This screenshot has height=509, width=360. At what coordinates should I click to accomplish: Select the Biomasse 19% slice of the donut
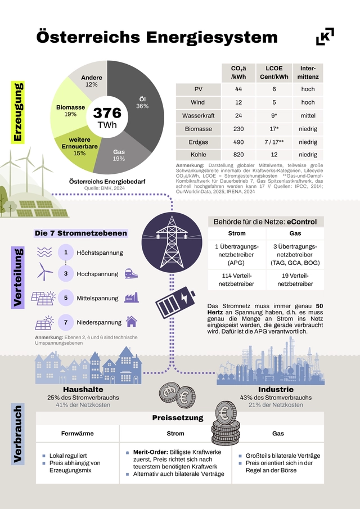tap(70, 110)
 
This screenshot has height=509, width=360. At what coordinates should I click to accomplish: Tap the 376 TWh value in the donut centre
tap(107, 118)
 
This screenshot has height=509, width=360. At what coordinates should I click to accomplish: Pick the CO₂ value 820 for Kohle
tap(238, 154)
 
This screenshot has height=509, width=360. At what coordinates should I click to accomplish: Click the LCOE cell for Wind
tap(274, 102)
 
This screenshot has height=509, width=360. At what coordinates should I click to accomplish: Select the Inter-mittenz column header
tap(308, 71)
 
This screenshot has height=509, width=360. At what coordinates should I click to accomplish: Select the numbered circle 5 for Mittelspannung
tap(66, 298)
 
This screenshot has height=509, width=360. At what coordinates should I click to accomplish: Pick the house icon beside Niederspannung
tap(131, 322)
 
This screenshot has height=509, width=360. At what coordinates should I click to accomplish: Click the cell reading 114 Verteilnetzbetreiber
tap(236, 280)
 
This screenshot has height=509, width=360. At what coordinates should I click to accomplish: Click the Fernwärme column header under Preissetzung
tap(78, 434)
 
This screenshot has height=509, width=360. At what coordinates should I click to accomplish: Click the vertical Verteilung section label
tap(18, 278)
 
